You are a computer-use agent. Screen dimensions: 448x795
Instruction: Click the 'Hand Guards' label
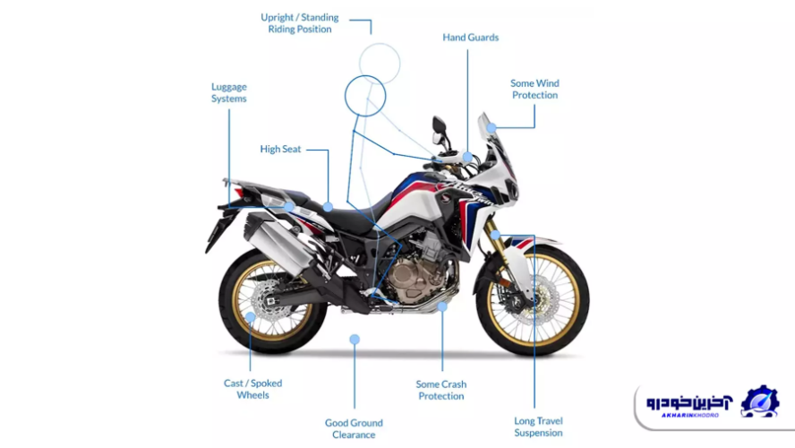[470, 38]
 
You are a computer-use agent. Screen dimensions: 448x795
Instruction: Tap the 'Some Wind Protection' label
[534, 90]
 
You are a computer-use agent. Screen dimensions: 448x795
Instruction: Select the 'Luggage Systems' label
[229, 92]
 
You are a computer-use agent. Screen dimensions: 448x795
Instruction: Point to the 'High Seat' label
[280, 149]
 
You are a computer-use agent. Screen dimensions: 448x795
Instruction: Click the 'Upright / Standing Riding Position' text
[300, 23]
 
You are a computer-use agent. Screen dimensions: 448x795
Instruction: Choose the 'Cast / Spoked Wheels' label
[253, 389]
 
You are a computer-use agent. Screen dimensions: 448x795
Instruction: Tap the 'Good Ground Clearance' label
[354, 428]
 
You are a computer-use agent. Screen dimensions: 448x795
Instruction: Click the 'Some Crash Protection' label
[441, 390]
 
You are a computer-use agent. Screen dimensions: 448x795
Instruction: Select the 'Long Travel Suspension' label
[538, 426]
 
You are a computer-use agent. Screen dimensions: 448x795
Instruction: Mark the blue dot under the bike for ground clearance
[355, 340]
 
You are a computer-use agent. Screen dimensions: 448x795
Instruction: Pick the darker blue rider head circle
[364, 96]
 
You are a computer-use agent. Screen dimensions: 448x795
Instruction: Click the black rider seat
[354, 215]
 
